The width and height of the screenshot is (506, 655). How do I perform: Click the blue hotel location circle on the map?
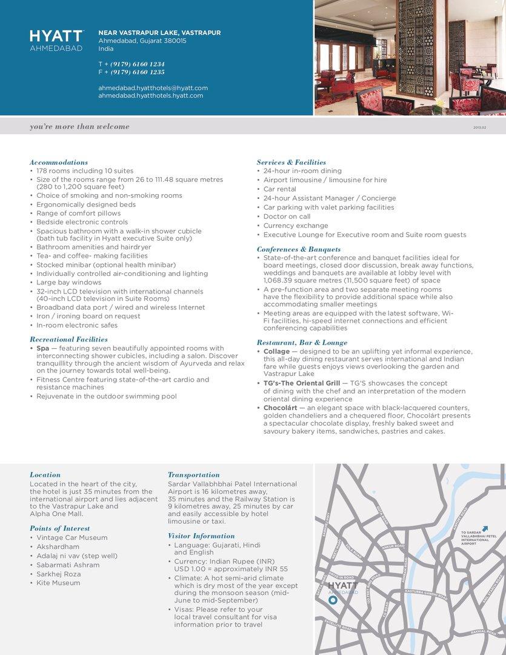pos(333,600)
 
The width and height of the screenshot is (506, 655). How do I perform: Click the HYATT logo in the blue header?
pos(56,36)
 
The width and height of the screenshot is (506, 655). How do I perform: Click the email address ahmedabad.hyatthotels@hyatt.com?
pos(153,88)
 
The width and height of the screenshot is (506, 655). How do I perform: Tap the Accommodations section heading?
pos(59,163)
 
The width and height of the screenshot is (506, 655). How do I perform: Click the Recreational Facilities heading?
pos(68,340)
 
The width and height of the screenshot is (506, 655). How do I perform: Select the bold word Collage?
pos(277,352)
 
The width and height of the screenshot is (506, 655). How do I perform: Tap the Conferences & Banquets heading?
pos(299,249)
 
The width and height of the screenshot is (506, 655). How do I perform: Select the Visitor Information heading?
pos(201,536)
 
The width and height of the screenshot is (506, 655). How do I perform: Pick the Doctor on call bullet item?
pos(287,217)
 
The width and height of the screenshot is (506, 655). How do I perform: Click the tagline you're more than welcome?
pos(79,127)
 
